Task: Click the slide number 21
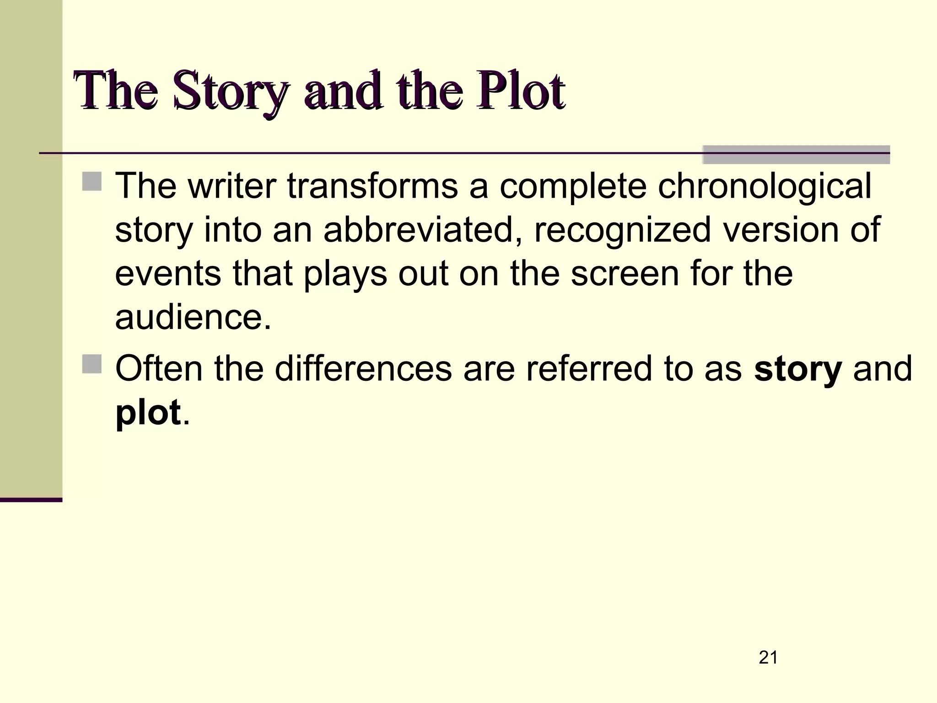click(768, 658)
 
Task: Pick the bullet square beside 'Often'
click(92, 364)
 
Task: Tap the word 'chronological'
click(765, 187)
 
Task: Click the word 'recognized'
click(622, 230)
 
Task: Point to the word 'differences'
click(363, 368)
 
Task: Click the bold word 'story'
click(797, 369)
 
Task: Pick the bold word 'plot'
click(148, 413)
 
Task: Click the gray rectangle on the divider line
click(796, 154)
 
